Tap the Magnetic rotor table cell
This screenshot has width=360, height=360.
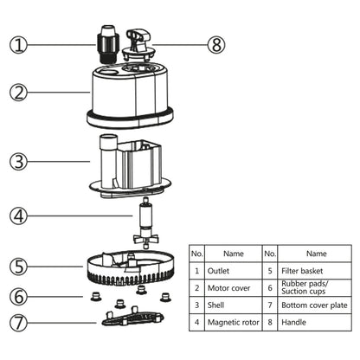click(x=234, y=323)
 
